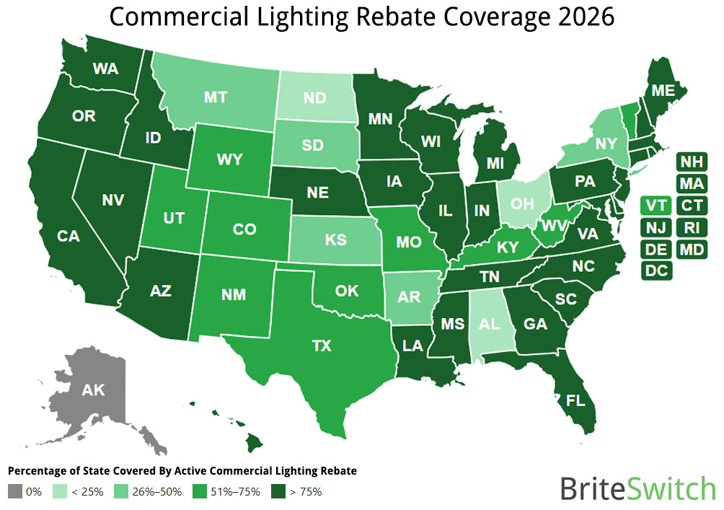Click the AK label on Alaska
point(93,390)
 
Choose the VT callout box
point(655,206)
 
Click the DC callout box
point(655,271)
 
